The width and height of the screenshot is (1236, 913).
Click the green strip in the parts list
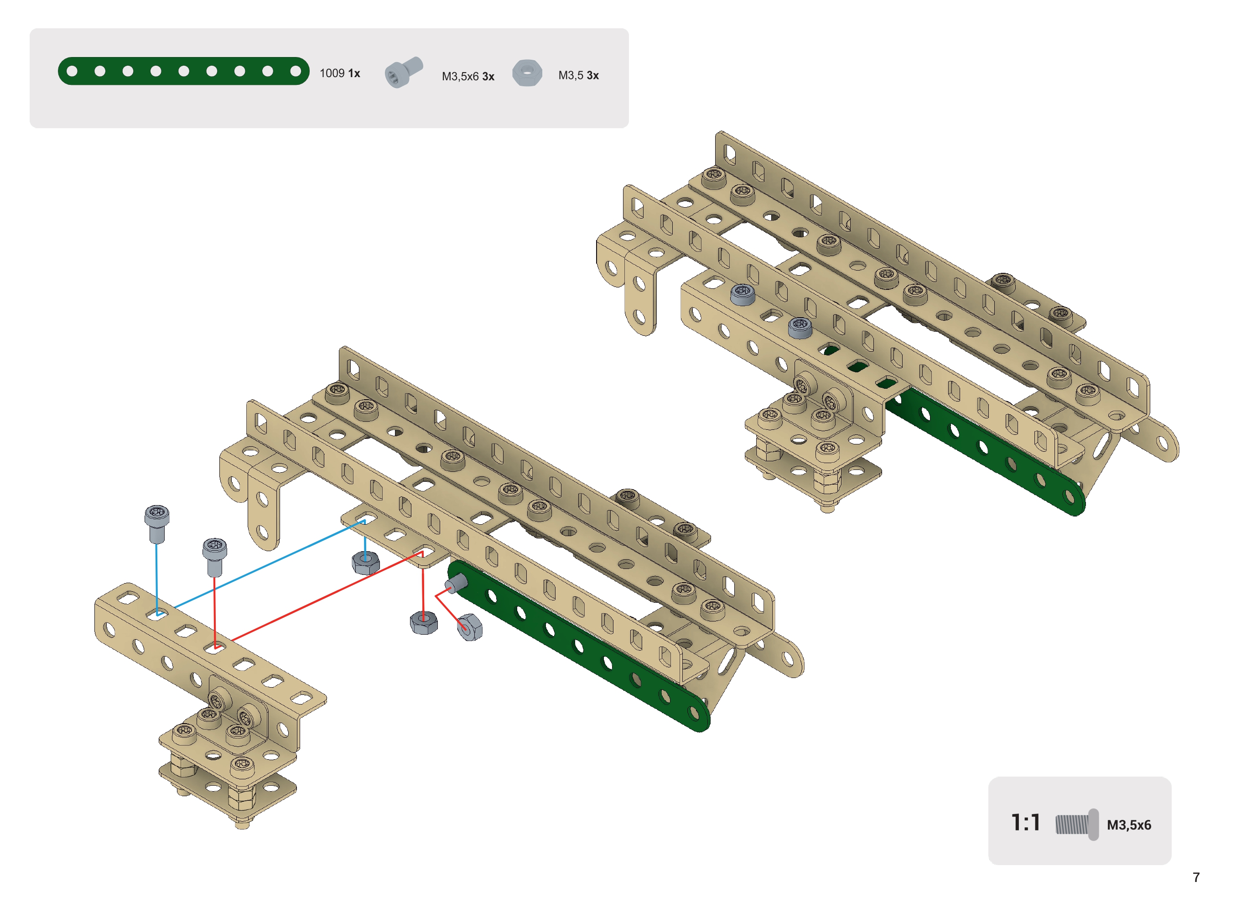pos(183,71)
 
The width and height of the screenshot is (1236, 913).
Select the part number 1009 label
pos(332,73)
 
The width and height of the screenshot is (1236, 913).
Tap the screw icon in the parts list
pos(404,72)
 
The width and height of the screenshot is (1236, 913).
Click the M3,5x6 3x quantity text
pos(468,76)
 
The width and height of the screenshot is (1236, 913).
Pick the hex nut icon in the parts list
pos(527,73)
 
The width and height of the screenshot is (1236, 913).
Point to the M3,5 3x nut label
pos(578,75)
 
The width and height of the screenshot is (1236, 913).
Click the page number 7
pos(1196,877)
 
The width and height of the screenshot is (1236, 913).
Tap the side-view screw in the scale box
pos(1076,824)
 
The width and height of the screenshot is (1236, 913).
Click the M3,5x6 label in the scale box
pos(1129,824)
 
